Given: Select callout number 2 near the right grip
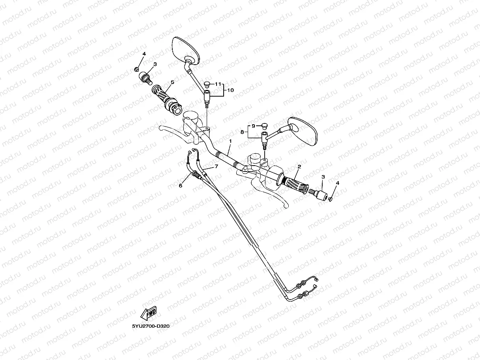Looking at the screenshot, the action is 299,167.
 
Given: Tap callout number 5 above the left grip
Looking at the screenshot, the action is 172,82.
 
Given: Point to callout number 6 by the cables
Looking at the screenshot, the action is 181,185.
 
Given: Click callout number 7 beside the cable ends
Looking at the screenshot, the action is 216,166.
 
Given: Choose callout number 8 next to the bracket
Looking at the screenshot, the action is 242,132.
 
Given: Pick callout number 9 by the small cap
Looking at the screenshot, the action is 253,126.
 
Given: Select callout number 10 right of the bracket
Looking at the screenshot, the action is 231,90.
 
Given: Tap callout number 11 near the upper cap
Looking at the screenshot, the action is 217,84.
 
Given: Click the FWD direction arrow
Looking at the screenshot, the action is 149,314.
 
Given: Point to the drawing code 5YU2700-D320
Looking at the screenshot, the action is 151,326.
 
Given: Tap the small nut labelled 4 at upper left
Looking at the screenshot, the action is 136,70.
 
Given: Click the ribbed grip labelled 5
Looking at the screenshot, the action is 164,97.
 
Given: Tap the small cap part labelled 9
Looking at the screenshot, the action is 264,127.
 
